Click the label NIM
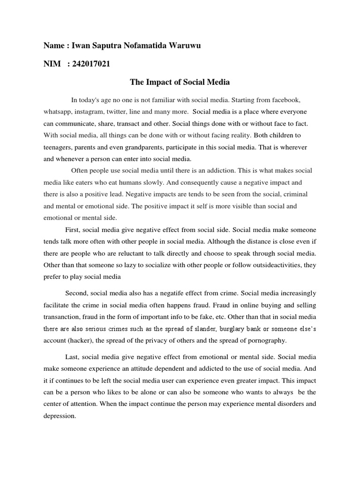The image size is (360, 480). (x=52, y=64)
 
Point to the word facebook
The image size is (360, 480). (x=280, y=101)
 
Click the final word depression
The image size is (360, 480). (x=60, y=415)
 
